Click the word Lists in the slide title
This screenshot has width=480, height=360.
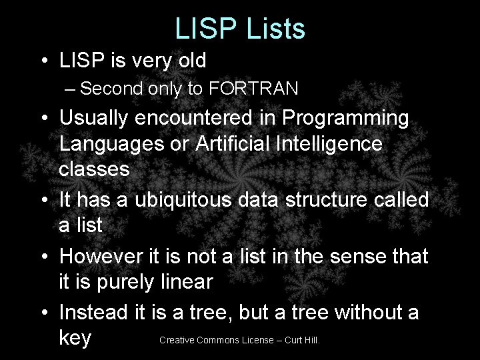(x=274, y=29)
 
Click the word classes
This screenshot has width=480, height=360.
(x=94, y=169)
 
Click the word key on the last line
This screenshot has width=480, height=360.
(x=75, y=338)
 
